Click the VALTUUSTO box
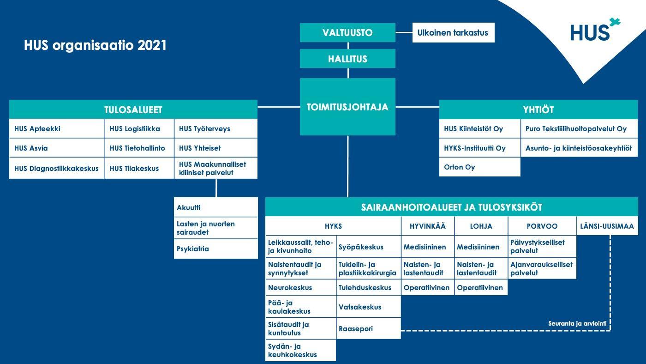(347, 33)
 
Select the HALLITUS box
(347, 59)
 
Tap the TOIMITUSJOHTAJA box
(347, 107)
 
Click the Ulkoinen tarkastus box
(453, 33)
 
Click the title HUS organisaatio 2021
(95, 45)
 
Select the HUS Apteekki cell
(57, 129)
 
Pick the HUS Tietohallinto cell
(139, 148)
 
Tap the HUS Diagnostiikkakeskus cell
(57, 168)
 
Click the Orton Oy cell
(480, 167)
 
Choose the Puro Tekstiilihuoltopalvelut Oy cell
(579, 129)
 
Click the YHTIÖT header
(538, 109)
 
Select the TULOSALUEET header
(133, 109)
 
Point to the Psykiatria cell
(216, 249)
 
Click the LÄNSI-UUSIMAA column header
(607, 226)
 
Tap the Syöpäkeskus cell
(369, 247)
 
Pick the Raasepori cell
(369, 329)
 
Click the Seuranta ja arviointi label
(577, 324)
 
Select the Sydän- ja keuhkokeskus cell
(300, 351)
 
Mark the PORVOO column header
(542, 226)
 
